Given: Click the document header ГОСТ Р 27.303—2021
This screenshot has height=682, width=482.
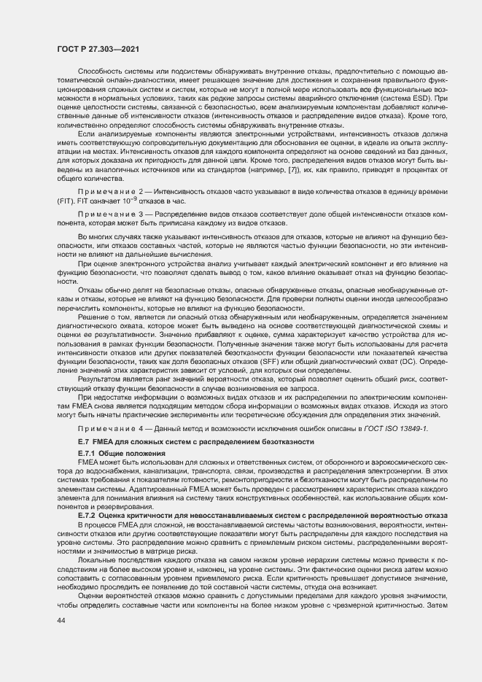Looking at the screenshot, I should tap(98, 48).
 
